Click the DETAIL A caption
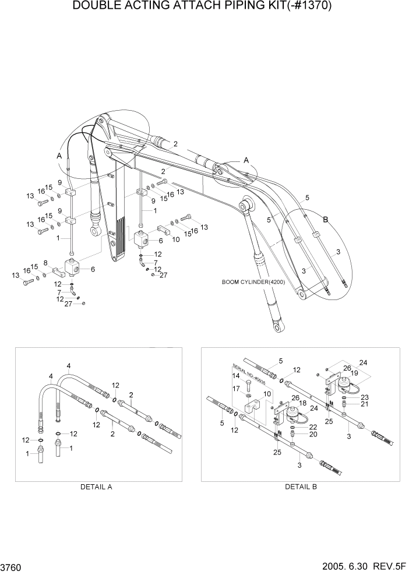pyautogui.click(x=96, y=487)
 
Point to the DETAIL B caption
pyautogui.click(x=301, y=487)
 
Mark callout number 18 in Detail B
pyautogui.click(x=302, y=403)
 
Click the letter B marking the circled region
pyautogui.click(x=326, y=220)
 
